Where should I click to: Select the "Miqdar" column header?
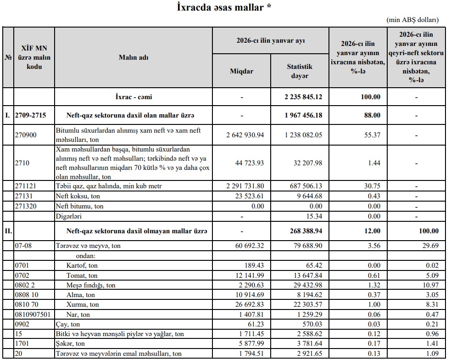pos(241,71)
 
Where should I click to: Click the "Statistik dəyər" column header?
pos(300,71)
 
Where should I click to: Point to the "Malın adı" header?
pos(133,57)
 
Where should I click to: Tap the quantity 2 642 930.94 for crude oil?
pos(245,135)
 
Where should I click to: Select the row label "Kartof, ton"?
pos(82,266)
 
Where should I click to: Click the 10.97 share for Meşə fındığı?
pos(429,285)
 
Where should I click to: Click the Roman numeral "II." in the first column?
pos(8,231)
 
